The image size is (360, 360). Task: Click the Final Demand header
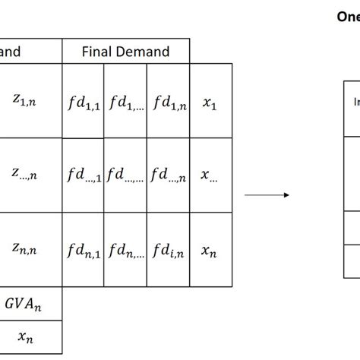pos(126,52)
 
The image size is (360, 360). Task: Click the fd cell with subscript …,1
pos(83,175)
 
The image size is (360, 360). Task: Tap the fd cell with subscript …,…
pos(125,175)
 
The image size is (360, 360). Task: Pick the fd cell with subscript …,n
pos(168,175)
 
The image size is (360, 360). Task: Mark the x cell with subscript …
pos(209,175)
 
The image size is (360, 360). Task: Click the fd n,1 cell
pos(83,248)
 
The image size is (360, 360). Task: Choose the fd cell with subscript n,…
pos(125,248)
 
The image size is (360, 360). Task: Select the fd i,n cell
pos(168,248)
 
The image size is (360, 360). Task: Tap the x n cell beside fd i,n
pos(209,248)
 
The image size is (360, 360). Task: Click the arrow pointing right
pos(267,194)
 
